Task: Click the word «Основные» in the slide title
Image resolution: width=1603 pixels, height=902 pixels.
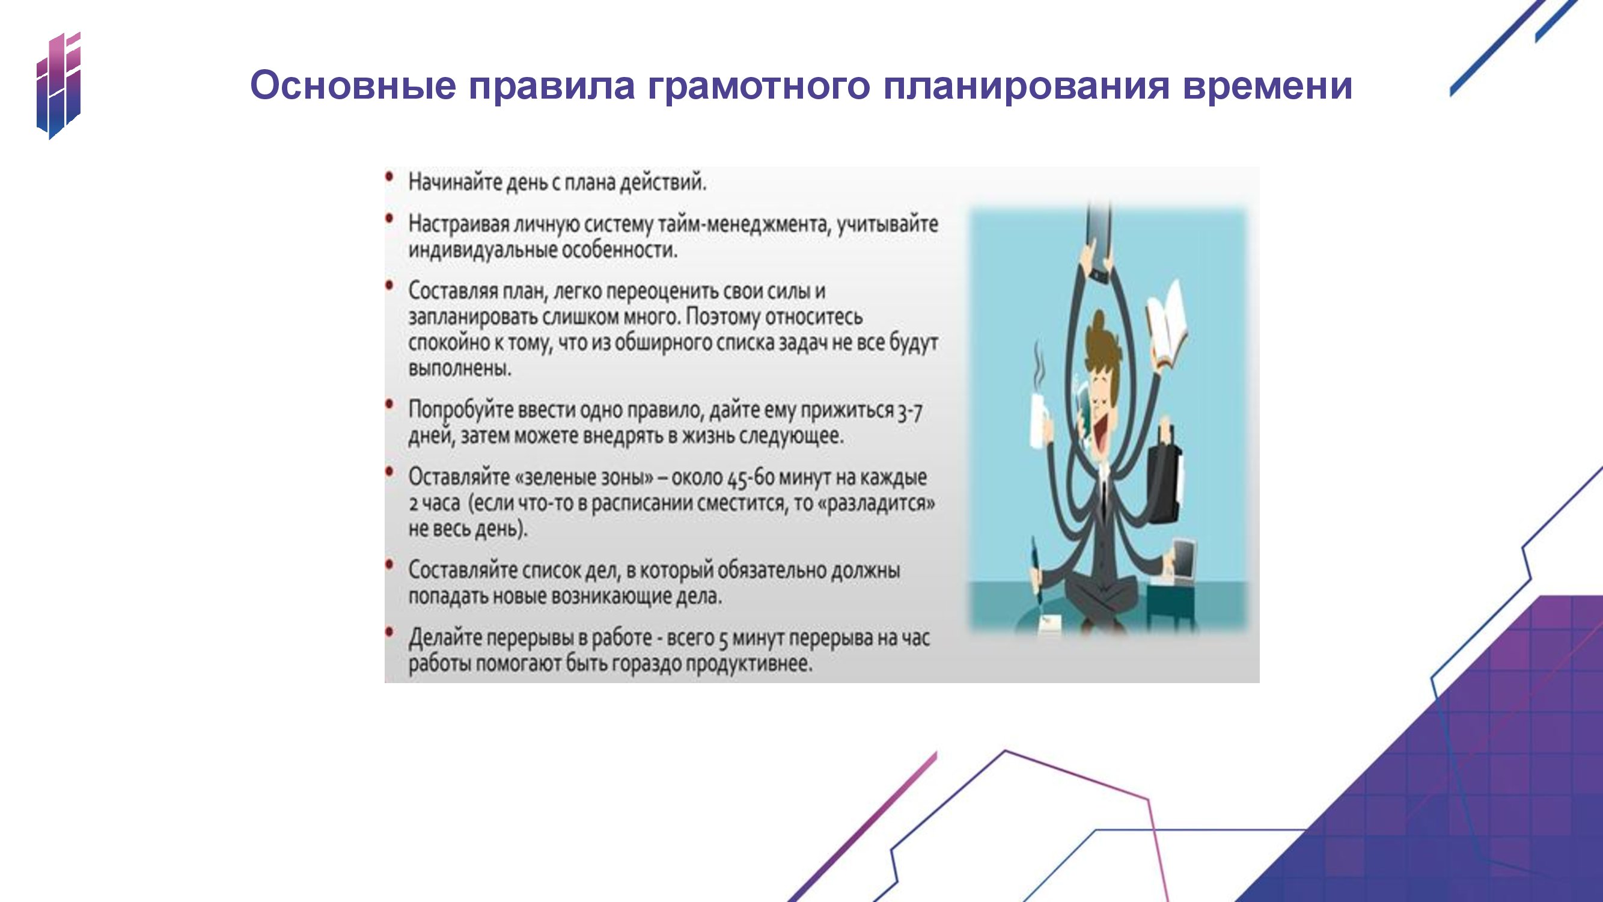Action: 353,85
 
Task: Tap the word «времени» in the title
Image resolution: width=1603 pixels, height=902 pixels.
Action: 1268,87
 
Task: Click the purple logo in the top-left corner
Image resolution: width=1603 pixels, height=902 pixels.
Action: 58,85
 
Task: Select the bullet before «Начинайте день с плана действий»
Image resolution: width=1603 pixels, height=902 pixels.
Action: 389,177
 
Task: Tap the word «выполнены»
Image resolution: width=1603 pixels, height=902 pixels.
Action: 460,369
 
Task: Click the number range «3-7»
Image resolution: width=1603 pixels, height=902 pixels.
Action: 909,411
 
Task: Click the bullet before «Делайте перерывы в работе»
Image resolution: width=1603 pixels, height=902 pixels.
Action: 389,633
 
